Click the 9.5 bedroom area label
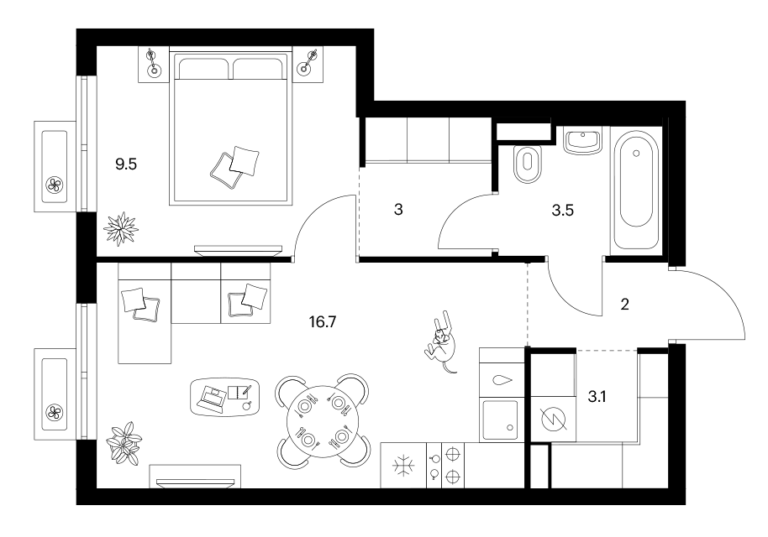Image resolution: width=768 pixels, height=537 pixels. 126,164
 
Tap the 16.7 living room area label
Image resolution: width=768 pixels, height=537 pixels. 323,322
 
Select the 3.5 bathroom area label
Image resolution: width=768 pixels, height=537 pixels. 562,211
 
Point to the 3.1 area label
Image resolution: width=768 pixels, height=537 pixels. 597,397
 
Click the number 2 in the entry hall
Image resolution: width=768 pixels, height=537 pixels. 624,305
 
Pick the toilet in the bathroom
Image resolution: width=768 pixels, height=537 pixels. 528,163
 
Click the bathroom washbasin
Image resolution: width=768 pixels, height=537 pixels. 582,140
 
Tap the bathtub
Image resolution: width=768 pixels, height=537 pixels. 636,190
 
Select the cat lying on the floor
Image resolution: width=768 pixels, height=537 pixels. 442,341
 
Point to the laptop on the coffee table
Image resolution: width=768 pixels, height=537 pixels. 213,397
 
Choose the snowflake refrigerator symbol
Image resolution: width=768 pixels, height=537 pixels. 403,465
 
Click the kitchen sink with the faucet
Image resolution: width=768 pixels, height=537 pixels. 501,420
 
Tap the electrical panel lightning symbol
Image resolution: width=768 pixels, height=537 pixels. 553,419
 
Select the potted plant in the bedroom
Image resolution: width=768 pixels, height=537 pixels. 120,228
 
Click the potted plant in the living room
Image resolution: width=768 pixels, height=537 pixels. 124,443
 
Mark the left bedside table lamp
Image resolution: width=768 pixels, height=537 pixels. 153,64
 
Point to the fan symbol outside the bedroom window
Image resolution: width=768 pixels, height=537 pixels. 54,185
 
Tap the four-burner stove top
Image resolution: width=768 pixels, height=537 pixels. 445,465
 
